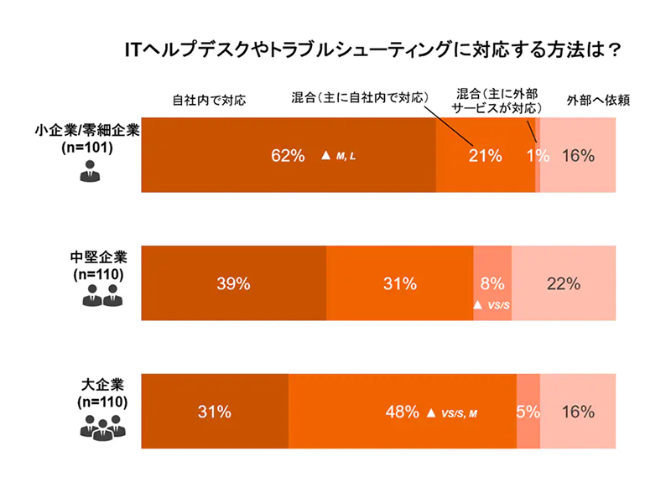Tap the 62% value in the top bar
click(x=287, y=155)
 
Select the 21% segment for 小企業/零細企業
click(x=485, y=155)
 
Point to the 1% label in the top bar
click(x=537, y=155)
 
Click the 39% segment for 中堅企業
click(x=233, y=283)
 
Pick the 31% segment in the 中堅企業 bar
click(x=400, y=283)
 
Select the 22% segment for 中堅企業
click(x=564, y=283)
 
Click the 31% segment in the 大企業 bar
click(x=214, y=412)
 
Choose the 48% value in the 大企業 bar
click(x=402, y=412)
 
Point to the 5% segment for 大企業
click(x=528, y=412)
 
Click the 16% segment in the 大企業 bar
click(x=578, y=412)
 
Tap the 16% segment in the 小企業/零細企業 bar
click(x=578, y=155)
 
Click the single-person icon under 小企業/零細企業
click(x=89, y=174)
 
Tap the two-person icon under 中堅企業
click(x=101, y=296)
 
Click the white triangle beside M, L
click(x=326, y=156)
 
